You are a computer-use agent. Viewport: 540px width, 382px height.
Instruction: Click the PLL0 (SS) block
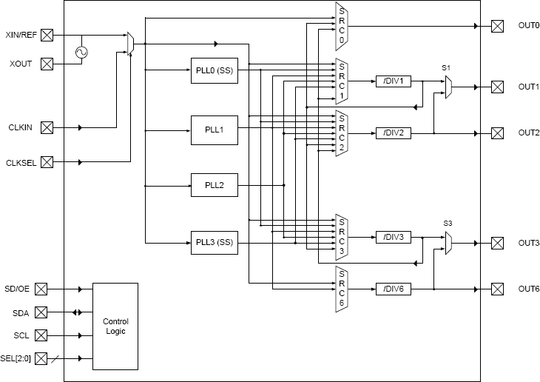coord(215,70)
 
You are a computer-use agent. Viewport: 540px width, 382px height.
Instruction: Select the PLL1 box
coord(215,130)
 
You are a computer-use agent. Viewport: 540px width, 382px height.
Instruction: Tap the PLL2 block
coord(215,184)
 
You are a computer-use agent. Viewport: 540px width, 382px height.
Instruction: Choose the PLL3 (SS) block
coord(215,242)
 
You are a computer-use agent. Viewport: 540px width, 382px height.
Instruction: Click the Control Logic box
coord(115,326)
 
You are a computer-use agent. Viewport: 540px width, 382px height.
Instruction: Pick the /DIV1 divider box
coord(393,81)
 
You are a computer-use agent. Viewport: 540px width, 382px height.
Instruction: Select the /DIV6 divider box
coord(393,289)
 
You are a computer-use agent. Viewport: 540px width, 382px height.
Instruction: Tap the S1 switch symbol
coord(448,87)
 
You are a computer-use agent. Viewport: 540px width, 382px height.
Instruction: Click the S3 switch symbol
coord(448,243)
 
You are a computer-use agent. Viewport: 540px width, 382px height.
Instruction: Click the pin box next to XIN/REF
coord(47,35)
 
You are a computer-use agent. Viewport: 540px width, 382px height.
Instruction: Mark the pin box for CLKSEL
coord(47,162)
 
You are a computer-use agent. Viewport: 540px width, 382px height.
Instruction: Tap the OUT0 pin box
coord(497,26)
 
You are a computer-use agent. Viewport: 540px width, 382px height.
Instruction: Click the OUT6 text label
coord(528,289)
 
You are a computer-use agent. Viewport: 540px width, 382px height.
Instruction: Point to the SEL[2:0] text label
coord(16,358)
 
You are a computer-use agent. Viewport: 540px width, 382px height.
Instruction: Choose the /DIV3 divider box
coord(393,237)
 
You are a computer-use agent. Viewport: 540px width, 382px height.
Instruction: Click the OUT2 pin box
coord(497,133)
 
